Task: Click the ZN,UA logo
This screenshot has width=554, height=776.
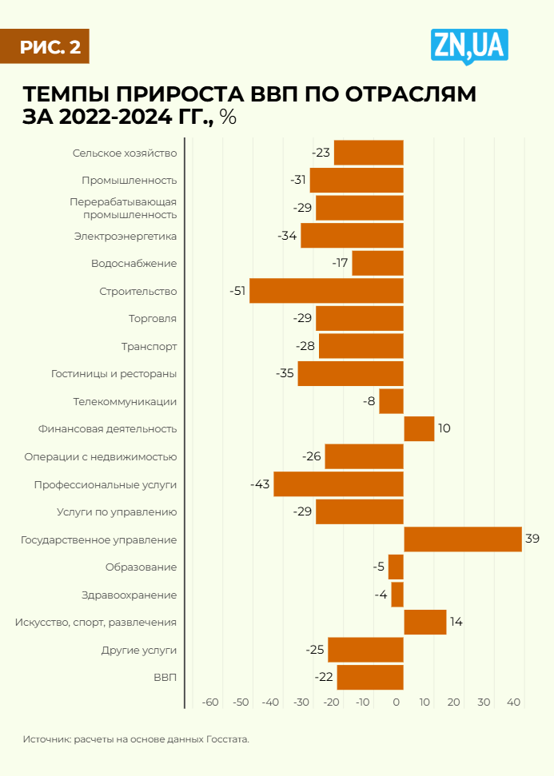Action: click(469, 47)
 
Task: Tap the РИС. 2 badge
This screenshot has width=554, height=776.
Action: click(45, 47)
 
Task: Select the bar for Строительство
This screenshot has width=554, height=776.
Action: click(326, 291)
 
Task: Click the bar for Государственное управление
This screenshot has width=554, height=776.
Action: click(463, 539)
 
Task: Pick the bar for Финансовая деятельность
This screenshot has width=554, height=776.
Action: click(419, 428)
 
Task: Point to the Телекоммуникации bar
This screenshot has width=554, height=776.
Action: click(391, 401)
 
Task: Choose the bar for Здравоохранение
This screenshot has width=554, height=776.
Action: click(397, 595)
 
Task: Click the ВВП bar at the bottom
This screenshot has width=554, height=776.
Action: click(370, 677)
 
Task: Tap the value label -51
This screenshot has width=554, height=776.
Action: click(237, 291)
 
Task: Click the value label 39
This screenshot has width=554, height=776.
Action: click(532, 539)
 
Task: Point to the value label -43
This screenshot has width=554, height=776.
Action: click(261, 484)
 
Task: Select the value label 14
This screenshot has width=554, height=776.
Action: click(456, 622)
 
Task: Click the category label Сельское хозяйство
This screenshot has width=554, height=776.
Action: click(125, 153)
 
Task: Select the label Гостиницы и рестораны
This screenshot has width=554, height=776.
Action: click(114, 373)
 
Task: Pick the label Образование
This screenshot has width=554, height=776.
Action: click(141, 567)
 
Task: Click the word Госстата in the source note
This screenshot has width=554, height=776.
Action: click(228, 739)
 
